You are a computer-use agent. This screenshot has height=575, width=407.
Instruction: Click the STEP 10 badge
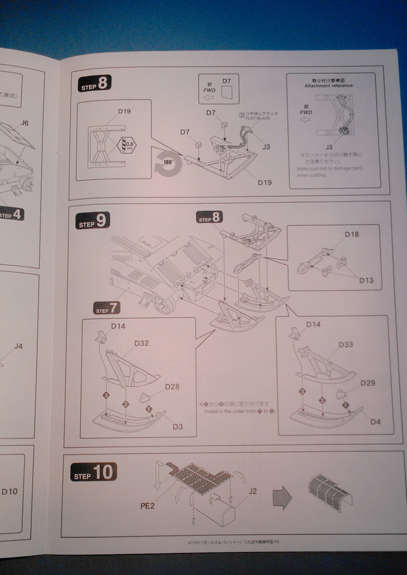(x=93, y=472)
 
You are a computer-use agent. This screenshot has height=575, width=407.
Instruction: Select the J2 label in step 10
(x=253, y=491)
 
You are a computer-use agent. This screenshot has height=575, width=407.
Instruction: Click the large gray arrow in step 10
(x=283, y=499)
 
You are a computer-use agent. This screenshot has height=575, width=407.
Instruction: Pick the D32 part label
(x=141, y=343)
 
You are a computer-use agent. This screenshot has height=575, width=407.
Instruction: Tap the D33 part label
(x=346, y=345)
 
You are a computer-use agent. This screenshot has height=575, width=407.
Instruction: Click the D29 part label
(x=369, y=383)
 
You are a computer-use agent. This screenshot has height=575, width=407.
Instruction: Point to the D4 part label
(x=376, y=422)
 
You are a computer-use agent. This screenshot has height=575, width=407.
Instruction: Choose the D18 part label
(x=352, y=234)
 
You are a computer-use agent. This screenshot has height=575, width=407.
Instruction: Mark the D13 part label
(x=366, y=280)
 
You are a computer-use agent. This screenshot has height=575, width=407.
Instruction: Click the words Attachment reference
(x=329, y=85)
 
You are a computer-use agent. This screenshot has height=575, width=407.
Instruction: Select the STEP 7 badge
(x=106, y=309)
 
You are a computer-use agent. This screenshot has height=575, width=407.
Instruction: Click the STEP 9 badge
(x=93, y=221)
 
